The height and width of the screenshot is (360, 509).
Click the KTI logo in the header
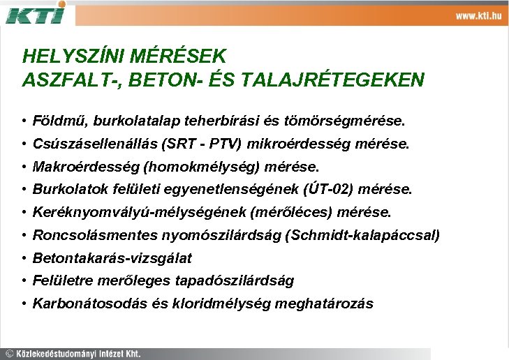pyautogui.click(x=36, y=13)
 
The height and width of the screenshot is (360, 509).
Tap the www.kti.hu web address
pyautogui.click(x=479, y=16)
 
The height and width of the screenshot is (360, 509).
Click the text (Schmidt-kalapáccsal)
pyautogui.click(x=363, y=235)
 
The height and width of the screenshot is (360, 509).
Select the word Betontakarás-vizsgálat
pyautogui.click(x=112, y=258)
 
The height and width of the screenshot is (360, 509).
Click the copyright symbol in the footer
pyautogui.click(x=9, y=353)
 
